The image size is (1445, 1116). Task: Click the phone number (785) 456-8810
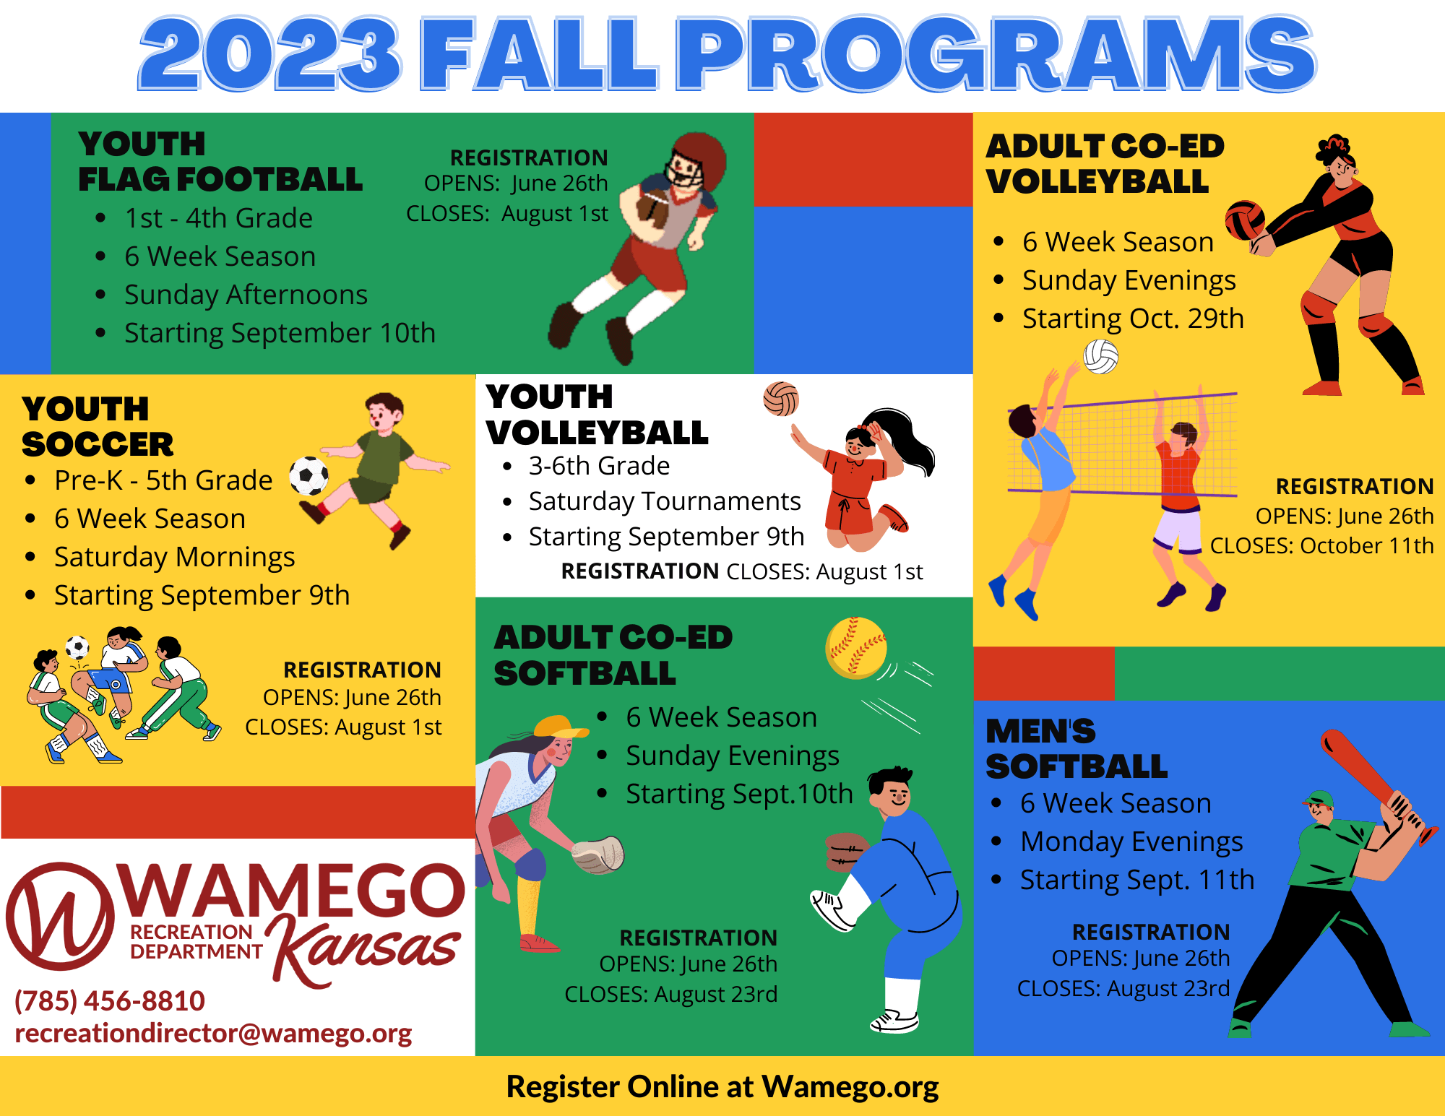tap(110, 1001)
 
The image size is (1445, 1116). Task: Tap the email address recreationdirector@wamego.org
tap(213, 1034)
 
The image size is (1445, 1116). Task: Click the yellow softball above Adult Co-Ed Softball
tap(856, 648)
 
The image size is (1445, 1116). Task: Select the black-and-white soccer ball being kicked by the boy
tap(309, 476)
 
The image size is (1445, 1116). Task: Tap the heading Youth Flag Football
tap(220, 162)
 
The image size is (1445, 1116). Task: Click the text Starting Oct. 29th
tap(1133, 319)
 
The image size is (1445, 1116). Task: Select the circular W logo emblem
tap(61, 916)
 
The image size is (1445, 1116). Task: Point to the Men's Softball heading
tap(1077, 749)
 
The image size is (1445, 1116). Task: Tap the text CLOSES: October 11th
tap(1321, 546)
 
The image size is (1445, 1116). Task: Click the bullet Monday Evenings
tap(1131, 842)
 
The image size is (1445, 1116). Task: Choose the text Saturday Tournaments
tap(665, 501)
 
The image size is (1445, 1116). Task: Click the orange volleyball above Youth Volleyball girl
tap(781, 399)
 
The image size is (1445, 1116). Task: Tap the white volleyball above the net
tap(1101, 357)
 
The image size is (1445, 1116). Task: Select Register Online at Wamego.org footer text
tap(722, 1087)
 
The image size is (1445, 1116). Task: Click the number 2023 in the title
tap(269, 54)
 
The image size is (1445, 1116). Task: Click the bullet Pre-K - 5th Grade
tap(163, 480)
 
